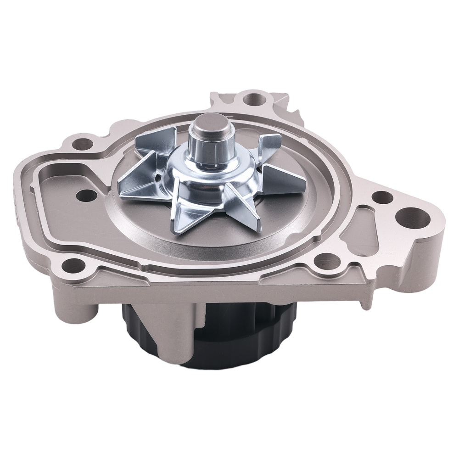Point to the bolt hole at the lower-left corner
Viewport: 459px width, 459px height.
click(71, 264)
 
